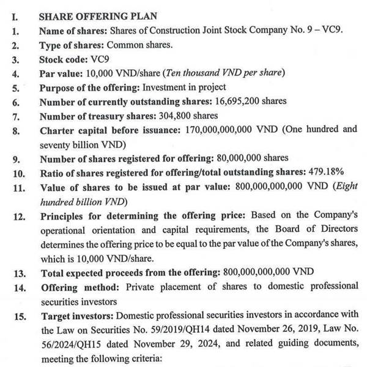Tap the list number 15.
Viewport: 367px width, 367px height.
pyautogui.click(x=18, y=316)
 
